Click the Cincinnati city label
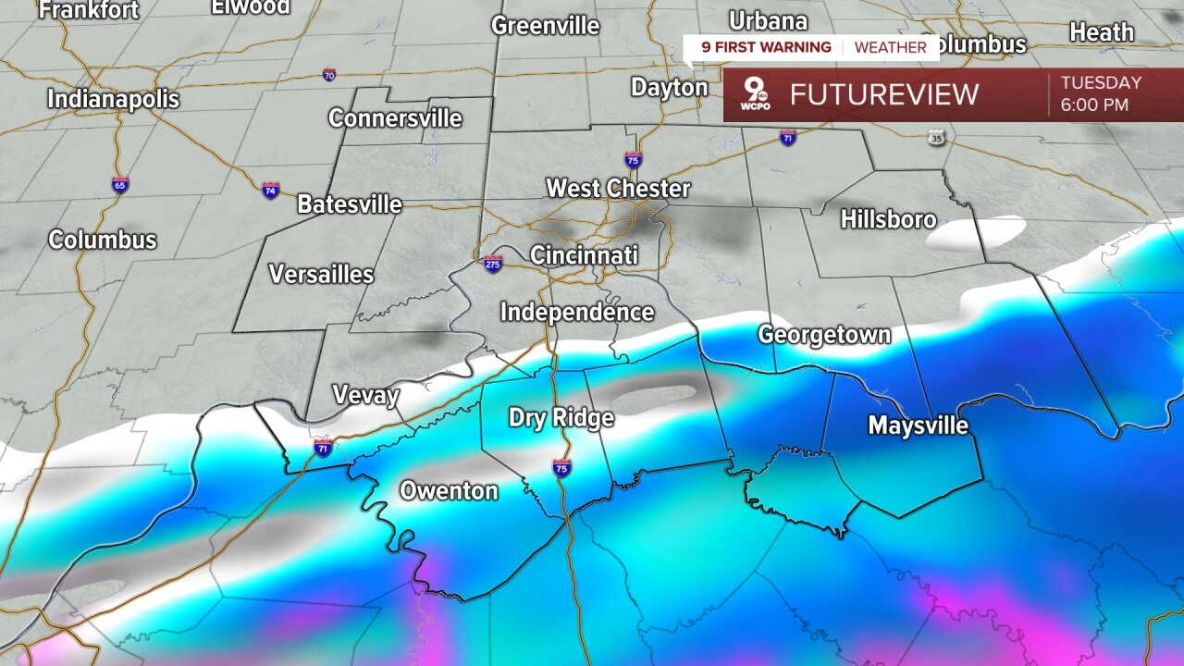click(584, 255)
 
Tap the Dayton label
click(669, 88)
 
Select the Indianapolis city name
click(113, 98)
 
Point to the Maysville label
click(918, 425)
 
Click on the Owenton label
click(449, 491)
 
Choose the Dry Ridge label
click(561, 418)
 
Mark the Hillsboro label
click(888, 219)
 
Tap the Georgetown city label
click(824, 335)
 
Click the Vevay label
click(365, 397)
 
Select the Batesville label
click(350, 204)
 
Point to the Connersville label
click(395, 118)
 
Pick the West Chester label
click(618, 189)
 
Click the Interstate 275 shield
click(493, 265)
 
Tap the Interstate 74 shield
click(270, 190)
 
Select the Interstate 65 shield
click(120, 184)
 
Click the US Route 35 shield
click(937, 138)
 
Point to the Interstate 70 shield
click(329, 74)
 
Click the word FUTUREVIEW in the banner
click(883, 94)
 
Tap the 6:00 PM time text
click(1094, 105)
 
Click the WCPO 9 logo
click(756, 95)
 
